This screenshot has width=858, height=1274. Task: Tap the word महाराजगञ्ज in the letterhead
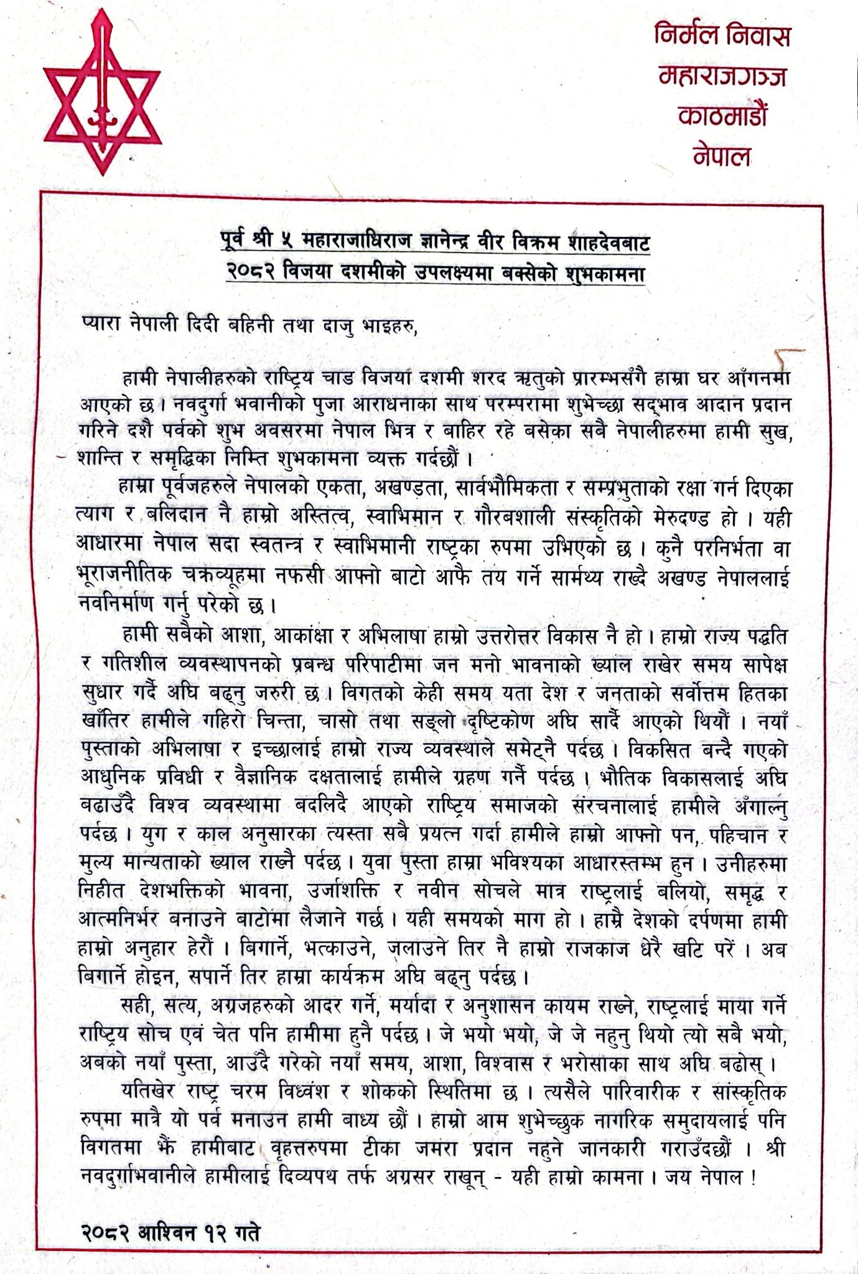[x=722, y=76]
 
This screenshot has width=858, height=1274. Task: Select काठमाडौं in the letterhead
[x=722, y=116]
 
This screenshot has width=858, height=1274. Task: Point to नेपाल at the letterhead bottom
[x=722, y=156]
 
